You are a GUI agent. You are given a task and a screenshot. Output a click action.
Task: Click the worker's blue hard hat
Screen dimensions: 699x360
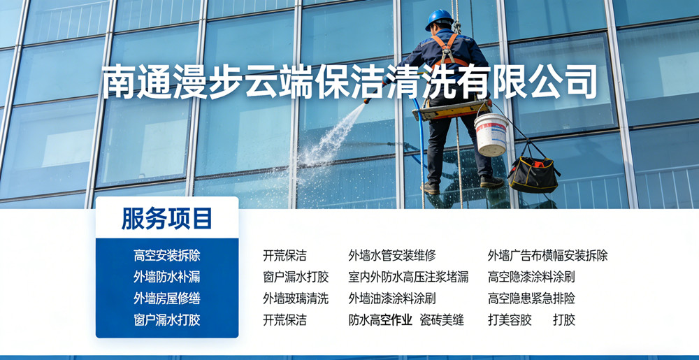tap(439, 19)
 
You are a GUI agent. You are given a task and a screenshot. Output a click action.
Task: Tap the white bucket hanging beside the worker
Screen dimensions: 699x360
tap(491, 134)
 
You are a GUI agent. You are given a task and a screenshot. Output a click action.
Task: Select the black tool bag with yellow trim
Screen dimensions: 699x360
tap(533, 174)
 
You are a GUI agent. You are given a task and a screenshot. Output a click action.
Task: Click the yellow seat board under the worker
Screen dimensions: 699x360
tap(451, 110)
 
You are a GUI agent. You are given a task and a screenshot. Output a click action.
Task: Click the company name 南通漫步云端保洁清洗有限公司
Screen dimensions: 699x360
tap(349, 82)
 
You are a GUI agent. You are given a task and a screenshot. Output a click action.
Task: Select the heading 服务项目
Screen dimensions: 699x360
tap(167, 219)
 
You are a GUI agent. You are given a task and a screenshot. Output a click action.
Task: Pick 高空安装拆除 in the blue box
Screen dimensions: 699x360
tap(167, 256)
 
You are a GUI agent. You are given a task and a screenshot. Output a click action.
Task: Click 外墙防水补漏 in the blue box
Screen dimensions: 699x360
tap(167, 277)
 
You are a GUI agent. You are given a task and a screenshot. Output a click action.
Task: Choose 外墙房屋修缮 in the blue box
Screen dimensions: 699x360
tap(167, 298)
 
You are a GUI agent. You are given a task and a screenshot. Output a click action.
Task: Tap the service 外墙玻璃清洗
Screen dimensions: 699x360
tap(296, 298)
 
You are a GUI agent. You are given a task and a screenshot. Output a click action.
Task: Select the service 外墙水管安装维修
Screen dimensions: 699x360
tap(392, 256)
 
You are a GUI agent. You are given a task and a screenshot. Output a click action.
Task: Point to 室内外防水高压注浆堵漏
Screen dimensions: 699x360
tap(408, 277)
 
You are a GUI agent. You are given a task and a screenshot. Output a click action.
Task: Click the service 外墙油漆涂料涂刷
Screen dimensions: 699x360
tap(392, 298)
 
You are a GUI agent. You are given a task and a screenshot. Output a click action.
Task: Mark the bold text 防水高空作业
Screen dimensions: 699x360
tap(380, 320)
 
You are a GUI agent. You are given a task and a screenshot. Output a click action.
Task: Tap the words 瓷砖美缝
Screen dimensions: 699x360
tap(442, 320)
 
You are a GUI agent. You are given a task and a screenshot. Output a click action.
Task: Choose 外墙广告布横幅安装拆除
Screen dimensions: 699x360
tap(547, 256)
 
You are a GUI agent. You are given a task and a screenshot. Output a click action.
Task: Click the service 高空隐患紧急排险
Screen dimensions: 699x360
tap(531, 298)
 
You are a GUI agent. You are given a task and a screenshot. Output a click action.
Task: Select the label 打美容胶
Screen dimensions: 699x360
tap(510, 320)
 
